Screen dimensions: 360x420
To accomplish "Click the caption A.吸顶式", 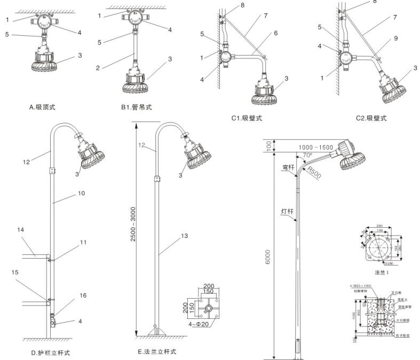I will click(42, 107).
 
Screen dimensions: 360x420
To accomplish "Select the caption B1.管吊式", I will click(137, 107).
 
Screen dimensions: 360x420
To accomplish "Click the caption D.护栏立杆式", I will click(50, 353).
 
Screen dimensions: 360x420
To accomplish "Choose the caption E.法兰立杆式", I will click(156, 351).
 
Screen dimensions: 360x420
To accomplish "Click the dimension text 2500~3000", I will click(134, 229).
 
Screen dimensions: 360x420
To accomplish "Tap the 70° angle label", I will click(307, 156).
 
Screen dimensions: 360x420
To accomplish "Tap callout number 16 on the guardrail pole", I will click(68, 295).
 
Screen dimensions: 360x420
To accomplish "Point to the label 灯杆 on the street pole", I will click(287, 211).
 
